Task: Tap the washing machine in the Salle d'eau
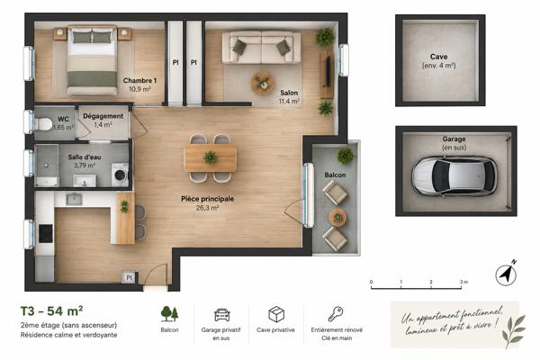120,175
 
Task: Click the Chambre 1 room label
139,81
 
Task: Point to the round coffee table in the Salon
263,84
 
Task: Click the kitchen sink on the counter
74,199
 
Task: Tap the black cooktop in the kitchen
46,234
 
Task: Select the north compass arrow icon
506,274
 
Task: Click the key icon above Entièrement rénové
336,314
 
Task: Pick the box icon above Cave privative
276,314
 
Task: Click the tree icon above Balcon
169,313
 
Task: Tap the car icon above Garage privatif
221,314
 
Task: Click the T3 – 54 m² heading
51,311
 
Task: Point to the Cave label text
439,57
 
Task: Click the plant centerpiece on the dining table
210,157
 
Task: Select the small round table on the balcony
337,218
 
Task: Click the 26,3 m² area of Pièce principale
207,208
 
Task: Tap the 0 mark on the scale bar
371,282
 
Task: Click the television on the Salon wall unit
328,72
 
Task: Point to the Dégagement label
103,116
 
